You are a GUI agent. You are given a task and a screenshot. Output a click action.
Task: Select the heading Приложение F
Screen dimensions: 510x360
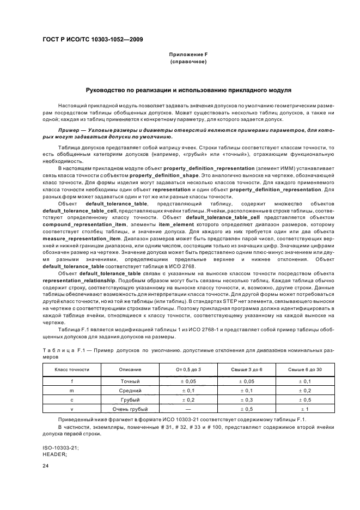pos(188,55)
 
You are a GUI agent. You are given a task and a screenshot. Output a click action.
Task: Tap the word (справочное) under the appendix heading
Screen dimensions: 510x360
pos(188,62)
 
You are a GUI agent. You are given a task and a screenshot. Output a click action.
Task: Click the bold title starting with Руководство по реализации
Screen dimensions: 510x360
pos(188,90)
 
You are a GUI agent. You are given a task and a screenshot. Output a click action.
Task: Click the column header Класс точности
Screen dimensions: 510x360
pos(72,369)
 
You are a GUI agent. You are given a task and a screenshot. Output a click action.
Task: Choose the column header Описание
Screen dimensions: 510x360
pos(130,369)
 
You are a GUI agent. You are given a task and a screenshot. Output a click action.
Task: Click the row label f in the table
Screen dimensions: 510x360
pos(72,381)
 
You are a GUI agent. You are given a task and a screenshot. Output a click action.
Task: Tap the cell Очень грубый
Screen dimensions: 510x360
pos(130,409)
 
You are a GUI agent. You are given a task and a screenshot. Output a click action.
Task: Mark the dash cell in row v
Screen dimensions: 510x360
pos(187,409)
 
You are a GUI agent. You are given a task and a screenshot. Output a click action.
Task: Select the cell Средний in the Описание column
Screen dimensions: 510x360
pos(130,391)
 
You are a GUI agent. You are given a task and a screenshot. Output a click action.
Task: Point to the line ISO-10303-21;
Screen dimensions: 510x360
pos(60,447)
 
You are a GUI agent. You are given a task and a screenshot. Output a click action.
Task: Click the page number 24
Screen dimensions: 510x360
pos(46,465)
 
